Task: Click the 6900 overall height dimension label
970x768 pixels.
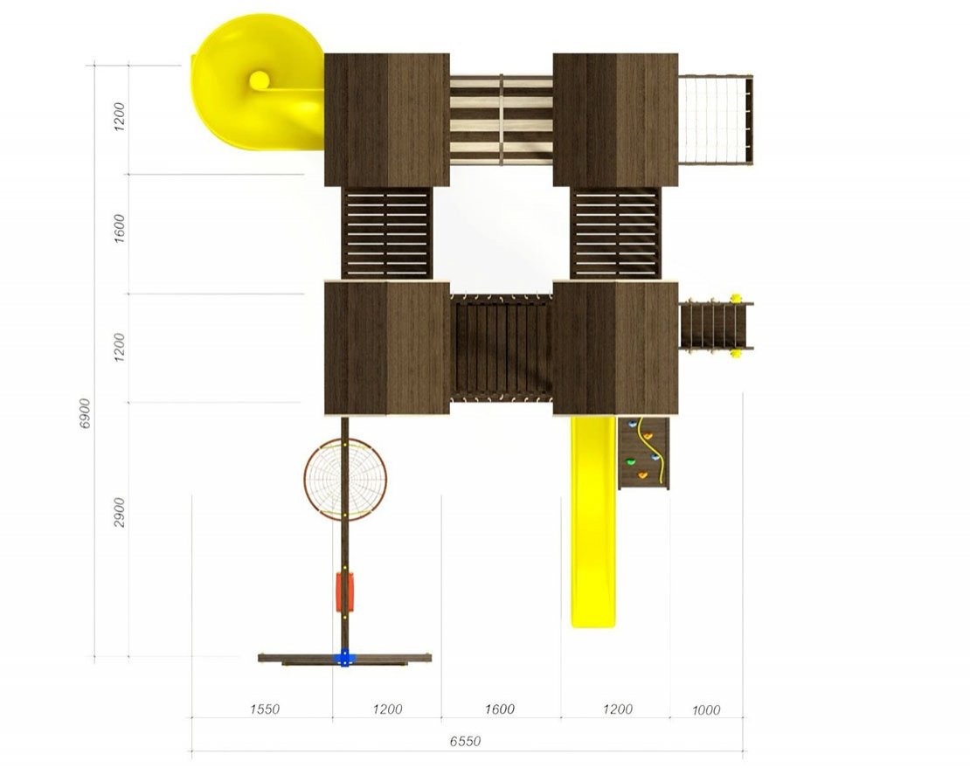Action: [86, 412]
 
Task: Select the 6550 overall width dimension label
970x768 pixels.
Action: [465, 741]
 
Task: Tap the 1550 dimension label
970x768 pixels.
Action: [265, 709]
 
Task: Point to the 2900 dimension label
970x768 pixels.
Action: [120, 512]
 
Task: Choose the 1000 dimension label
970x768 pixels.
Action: [706, 709]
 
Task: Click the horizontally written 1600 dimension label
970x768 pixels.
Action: [500, 709]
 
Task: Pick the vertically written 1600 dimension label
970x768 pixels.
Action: [120, 228]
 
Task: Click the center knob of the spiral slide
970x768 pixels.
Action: [260, 80]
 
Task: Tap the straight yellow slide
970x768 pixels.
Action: [592, 522]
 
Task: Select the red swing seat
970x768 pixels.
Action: [344, 592]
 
